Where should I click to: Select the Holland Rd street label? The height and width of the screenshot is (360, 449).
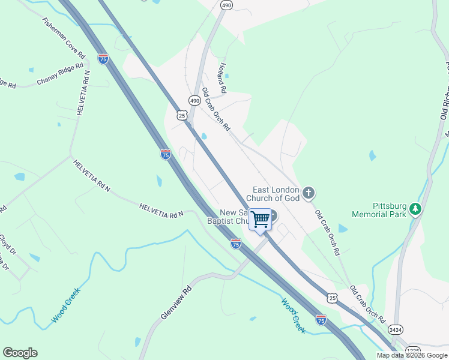click(x=222, y=78)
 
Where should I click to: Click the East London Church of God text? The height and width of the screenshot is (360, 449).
click(x=276, y=194)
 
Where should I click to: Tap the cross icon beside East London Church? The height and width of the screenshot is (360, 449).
click(x=309, y=193)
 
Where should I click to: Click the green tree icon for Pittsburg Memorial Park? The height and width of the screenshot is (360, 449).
click(x=415, y=209)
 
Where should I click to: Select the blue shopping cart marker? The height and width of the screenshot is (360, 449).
click(x=261, y=219)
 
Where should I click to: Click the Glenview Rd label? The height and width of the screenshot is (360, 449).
click(x=175, y=303)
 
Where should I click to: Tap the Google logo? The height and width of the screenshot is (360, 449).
click(x=20, y=353)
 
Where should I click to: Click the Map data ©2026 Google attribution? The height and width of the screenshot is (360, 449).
click(x=411, y=355)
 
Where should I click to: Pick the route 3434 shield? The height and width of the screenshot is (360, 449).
click(x=396, y=329)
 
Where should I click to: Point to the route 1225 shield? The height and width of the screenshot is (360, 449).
click(x=413, y=350)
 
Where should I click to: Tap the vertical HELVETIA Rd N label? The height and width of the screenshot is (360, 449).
click(x=82, y=93)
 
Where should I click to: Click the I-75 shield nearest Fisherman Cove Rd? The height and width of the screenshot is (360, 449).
click(x=103, y=59)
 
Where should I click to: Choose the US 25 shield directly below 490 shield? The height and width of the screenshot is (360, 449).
click(x=182, y=115)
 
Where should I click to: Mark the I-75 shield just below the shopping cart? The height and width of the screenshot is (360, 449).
click(x=236, y=244)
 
